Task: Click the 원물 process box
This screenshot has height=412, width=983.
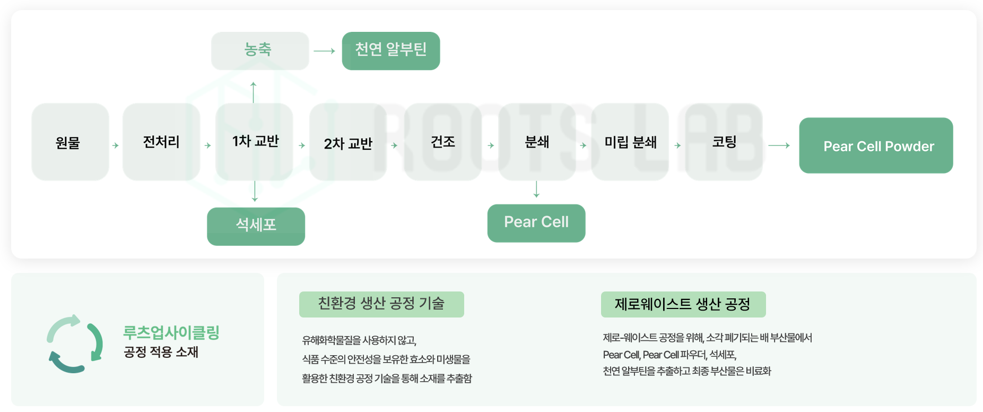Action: coord(70,142)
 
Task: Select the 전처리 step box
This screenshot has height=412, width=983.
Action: coord(161,142)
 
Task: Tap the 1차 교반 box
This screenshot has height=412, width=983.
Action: coord(255,142)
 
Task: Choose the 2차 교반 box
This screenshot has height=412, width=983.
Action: coord(348,142)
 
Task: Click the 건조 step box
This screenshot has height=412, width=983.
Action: coord(442,142)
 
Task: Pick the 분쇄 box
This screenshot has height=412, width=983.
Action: coord(537,142)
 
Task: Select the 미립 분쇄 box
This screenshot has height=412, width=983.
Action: coord(630,142)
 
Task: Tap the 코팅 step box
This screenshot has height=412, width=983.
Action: coord(724,142)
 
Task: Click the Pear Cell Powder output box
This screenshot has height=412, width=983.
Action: coord(876,145)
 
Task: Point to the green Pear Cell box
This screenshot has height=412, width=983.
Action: coord(536,223)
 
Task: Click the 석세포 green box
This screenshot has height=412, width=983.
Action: coord(256,226)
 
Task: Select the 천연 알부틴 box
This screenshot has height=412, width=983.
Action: coord(391,51)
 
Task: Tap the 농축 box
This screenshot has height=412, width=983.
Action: coord(260,51)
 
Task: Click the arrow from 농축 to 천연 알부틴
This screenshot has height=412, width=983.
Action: coord(325,51)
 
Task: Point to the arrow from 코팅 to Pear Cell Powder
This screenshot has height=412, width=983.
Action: coord(779,145)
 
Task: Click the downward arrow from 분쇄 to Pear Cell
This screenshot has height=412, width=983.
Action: coord(536,189)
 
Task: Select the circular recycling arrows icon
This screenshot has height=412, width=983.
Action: coord(75,344)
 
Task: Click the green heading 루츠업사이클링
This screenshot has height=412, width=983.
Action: coord(171,332)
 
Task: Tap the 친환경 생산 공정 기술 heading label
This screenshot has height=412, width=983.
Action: coord(381,304)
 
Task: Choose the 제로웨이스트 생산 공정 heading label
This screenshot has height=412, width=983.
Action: coord(683,304)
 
